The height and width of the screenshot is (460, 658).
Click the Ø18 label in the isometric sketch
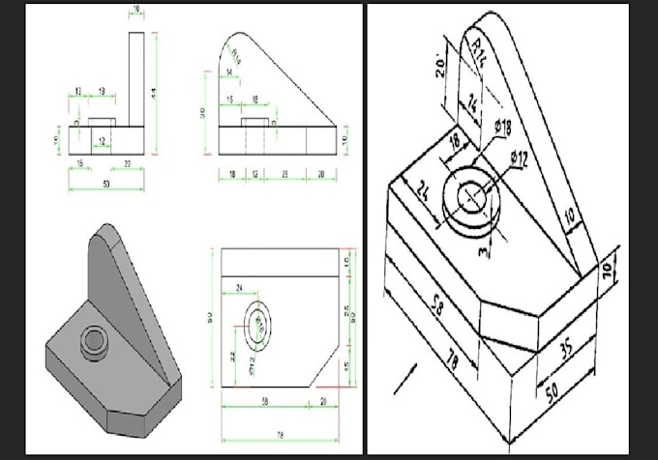tap(501, 129)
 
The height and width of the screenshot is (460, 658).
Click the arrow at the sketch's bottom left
tap(404, 379)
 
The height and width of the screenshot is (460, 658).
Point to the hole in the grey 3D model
tap(94, 337)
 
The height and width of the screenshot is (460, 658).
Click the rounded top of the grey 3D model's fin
tap(104, 238)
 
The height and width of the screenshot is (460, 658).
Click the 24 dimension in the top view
tap(239, 288)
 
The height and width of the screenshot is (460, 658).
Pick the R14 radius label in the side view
tap(236, 57)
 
